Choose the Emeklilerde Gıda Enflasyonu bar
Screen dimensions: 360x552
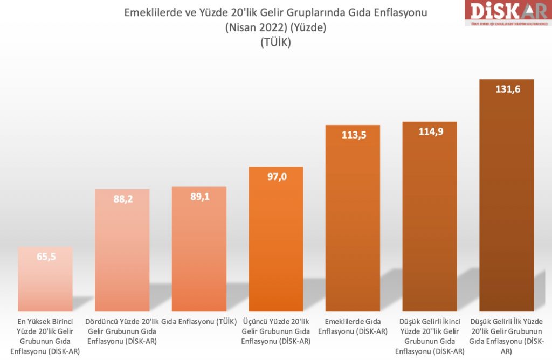pyautogui.click(x=353, y=221)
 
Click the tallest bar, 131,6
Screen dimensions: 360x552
pyautogui.click(x=507, y=199)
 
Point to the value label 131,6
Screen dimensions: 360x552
pyautogui.click(x=507, y=89)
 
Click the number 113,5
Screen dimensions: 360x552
pyautogui.click(x=354, y=135)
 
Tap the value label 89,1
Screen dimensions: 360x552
pyautogui.click(x=199, y=197)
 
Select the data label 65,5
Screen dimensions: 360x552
pyautogui.click(x=46, y=257)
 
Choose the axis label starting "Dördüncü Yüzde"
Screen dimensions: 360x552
pyautogui.click(x=123, y=331)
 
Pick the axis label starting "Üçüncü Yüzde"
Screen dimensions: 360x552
pyautogui.click(x=276, y=331)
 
